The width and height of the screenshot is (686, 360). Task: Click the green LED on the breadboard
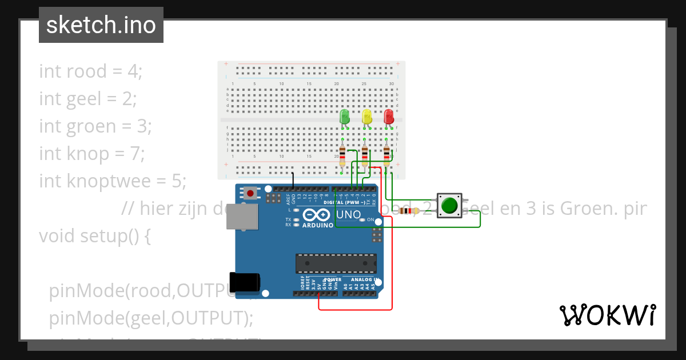click(344, 117)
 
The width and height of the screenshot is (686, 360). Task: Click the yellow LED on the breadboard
click(366, 117)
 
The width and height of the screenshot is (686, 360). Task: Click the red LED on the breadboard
click(389, 117)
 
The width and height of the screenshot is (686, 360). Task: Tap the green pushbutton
click(450, 205)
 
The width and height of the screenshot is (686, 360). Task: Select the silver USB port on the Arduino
click(242, 217)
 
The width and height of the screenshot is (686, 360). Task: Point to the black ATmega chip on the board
click(336, 263)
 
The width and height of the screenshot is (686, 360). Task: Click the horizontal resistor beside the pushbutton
click(408, 211)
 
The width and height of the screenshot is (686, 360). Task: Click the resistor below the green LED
click(342, 155)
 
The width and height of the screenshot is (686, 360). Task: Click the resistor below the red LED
click(387, 155)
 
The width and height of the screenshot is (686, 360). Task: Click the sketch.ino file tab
click(101, 25)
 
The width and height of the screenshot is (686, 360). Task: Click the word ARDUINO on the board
click(317, 225)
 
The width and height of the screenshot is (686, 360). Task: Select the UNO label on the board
click(348, 215)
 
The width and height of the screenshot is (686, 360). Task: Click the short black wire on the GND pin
click(293, 180)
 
